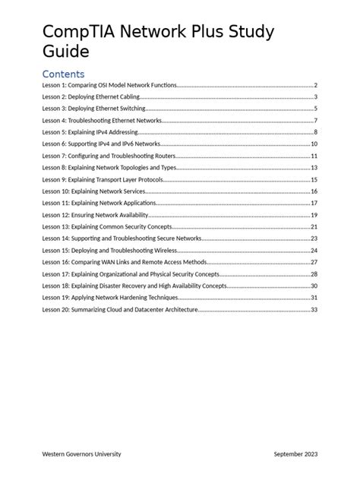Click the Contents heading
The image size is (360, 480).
click(63, 74)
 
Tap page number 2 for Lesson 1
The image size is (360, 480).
click(315, 86)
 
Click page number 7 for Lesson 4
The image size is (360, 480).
click(315, 121)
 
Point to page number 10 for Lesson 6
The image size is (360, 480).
click(314, 144)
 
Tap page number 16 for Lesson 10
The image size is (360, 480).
click(314, 191)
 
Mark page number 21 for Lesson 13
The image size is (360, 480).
click(314, 227)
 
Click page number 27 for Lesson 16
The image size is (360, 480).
click(314, 262)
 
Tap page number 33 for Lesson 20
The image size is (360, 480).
click(314, 310)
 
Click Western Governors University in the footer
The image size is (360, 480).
click(81, 453)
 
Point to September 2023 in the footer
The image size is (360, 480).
click(295, 453)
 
